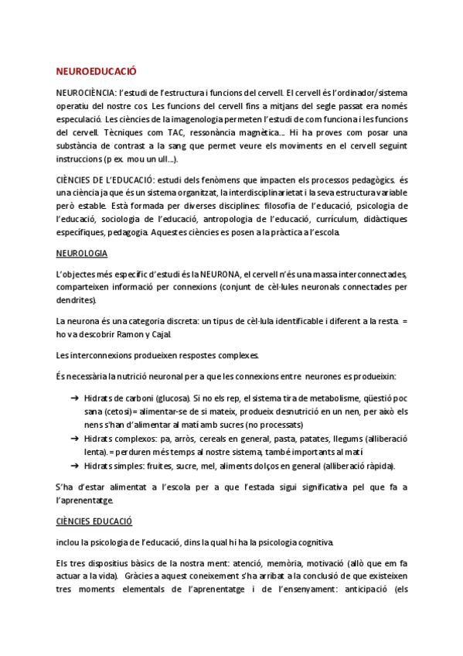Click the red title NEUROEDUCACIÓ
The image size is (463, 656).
point(96,71)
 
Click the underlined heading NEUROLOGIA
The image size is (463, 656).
point(82,253)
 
